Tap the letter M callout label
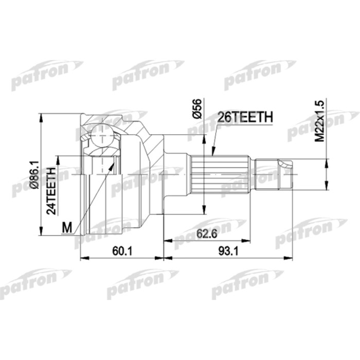pyautogui.click(x=65, y=227)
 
